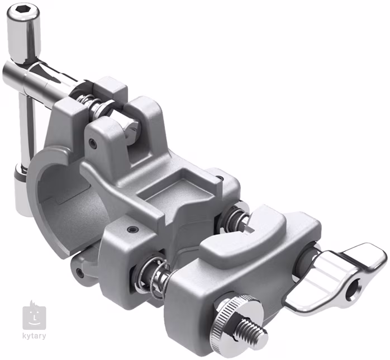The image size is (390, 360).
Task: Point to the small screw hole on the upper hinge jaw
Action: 93,143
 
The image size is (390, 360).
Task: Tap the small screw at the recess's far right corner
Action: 220,179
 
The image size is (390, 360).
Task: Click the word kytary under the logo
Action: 35,336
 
